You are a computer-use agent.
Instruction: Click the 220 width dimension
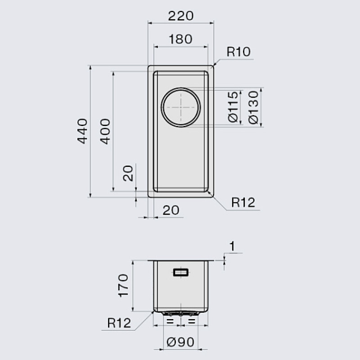pos(181,16)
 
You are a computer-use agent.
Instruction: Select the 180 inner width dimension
pos(181,39)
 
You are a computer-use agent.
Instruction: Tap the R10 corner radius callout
pos(238,52)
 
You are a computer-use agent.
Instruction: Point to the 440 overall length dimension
pos(82,131)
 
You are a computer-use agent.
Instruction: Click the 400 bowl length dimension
pos(105,131)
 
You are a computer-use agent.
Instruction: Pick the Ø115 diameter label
pos(233,107)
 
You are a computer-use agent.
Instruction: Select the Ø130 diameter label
pos(253,107)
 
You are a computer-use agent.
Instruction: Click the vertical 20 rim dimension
pos(128,173)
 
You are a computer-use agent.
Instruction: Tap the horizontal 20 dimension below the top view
pos(171,210)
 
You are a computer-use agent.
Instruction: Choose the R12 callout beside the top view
pos(243,202)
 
